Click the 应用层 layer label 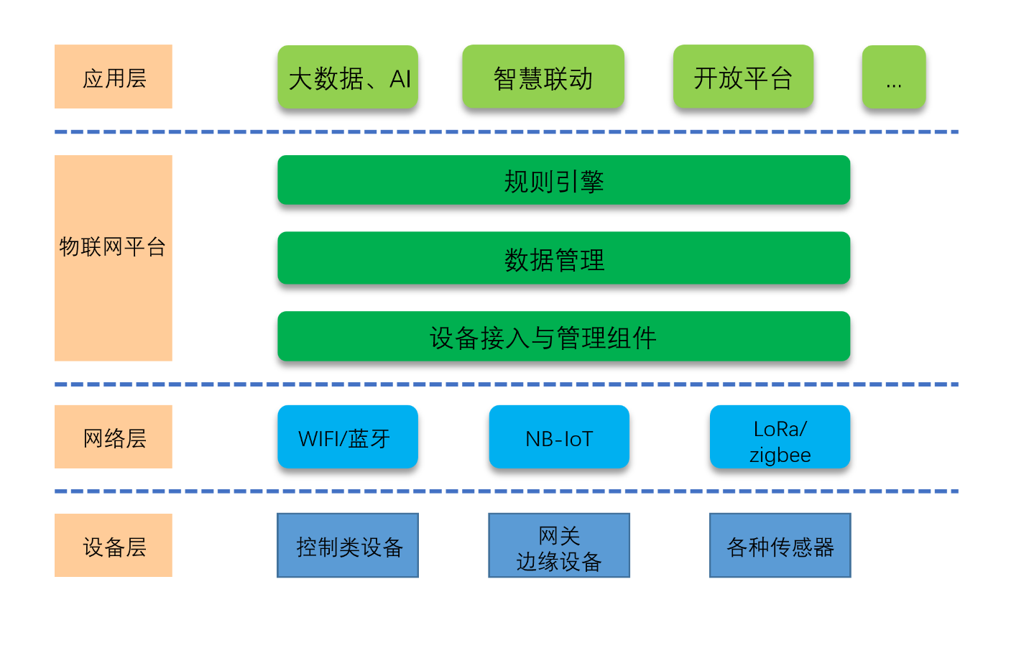(114, 77)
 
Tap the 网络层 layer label (114, 437)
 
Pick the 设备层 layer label (114, 545)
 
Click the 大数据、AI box (348, 77)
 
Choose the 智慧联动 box (543, 77)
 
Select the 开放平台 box (743, 77)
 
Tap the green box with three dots (894, 77)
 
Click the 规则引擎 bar (563, 180)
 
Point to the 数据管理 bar (563, 258)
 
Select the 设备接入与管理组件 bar (563, 336)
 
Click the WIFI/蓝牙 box (348, 437)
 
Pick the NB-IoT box (559, 437)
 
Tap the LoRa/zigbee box (780, 437)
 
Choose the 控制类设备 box (348, 545)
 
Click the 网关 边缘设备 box (559, 545)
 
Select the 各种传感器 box (780, 545)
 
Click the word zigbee (780, 455)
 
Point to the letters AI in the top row (400, 78)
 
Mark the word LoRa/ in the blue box (780, 429)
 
